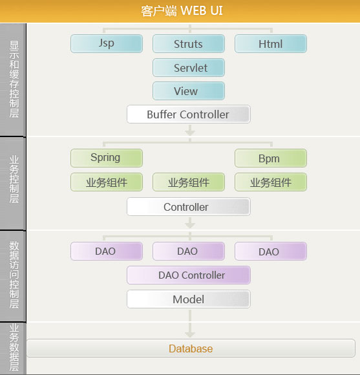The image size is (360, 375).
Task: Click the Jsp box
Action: [x=107, y=43]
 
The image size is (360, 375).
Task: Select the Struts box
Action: [x=189, y=43]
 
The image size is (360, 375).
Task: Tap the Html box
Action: [x=271, y=43]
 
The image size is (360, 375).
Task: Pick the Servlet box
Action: [x=189, y=67]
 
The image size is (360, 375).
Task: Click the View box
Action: [x=189, y=91]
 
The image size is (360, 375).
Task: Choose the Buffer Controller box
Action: [x=189, y=114]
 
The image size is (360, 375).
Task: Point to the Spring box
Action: [x=107, y=158]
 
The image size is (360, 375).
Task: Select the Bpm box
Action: [x=271, y=158]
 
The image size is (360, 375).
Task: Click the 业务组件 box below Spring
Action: [x=107, y=182]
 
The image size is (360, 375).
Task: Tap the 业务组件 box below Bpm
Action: [x=271, y=182]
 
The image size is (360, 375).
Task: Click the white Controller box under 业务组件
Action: [x=189, y=207]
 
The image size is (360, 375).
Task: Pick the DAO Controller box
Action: [x=189, y=275]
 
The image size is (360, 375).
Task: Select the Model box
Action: [x=189, y=299]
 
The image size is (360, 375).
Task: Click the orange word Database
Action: [x=191, y=348]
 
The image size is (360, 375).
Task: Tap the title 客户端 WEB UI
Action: [x=182, y=11]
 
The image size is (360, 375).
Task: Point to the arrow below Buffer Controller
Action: [x=190, y=130]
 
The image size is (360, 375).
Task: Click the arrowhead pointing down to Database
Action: [x=190, y=334]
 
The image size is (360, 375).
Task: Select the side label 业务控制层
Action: [x=14, y=179]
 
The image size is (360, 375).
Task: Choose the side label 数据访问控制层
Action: [x=14, y=275]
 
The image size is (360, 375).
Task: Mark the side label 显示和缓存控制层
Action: [x=14, y=79]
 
